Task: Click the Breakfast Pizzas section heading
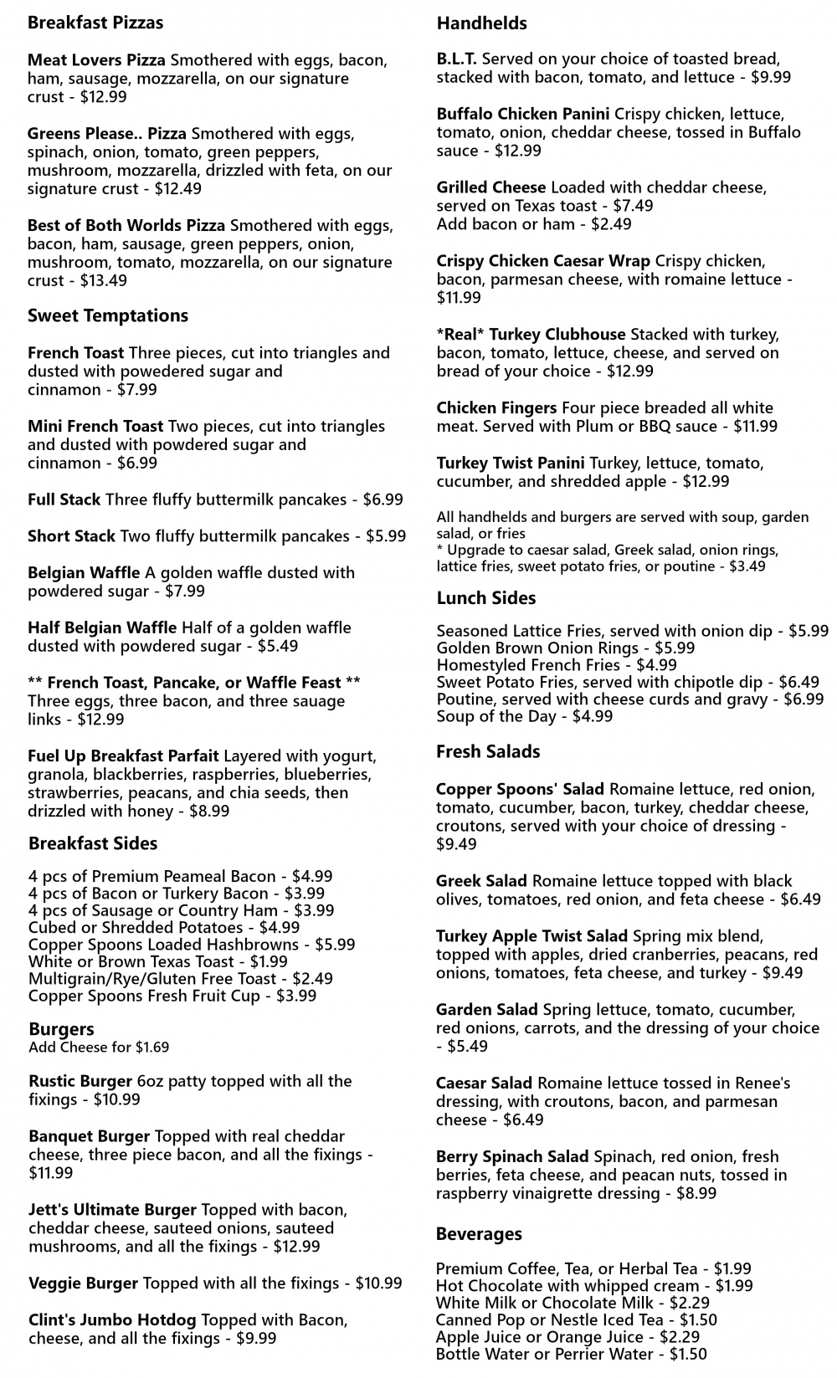tap(95, 23)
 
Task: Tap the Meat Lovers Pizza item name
tap(96, 60)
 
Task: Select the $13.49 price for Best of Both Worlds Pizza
tap(102, 281)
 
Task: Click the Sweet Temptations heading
tap(108, 315)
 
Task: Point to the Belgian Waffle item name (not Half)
tap(84, 573)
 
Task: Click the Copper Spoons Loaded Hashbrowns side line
tap(192, 945)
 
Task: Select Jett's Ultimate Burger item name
tap(112, 1210)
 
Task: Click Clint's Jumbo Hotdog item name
tap(112, 1320)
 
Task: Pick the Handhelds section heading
tap(482, 23)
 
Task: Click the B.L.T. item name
tap(457, 59)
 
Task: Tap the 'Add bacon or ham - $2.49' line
tap(534, 224)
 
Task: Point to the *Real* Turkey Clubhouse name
tap(531, 335)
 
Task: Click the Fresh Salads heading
tap(488, 751)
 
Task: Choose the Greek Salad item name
tap(481, 881)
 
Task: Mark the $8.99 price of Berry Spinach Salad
tap(696, 1194)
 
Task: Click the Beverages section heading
tap(479, 1234)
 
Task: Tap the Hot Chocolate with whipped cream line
tap(594, 1286)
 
